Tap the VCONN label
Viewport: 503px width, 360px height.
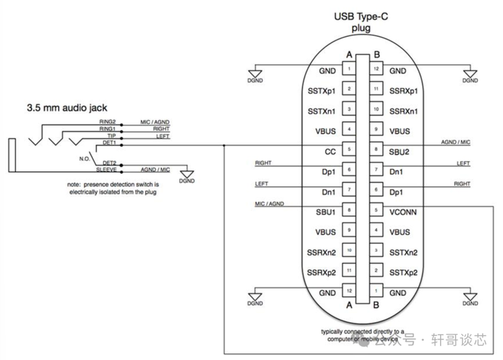click(403, 210)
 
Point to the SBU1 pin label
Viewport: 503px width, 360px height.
click(326, 210)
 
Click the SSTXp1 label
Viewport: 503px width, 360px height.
click(322, 91)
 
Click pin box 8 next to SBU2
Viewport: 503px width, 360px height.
click(376, 150)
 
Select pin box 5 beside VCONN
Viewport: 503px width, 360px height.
click(376, 210)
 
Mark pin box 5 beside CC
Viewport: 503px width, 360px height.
click(349, 150)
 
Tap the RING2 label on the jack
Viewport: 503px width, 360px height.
click(107, 124)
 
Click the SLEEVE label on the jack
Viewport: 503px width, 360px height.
click(106, 170)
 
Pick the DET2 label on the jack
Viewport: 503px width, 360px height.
click(109, 164)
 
